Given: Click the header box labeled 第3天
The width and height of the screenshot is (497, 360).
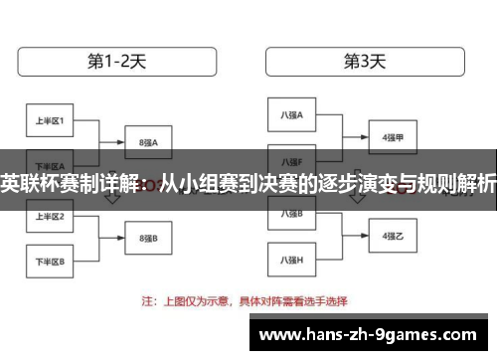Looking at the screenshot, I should pos(365,61).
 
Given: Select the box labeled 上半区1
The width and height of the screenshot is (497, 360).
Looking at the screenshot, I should pos(50,121).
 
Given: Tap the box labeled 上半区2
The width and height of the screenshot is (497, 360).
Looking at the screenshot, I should pos(50,216).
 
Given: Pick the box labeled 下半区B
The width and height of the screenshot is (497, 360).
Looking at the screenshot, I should pos(50,262).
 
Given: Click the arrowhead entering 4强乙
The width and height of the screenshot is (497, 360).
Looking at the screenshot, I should pos(365,236).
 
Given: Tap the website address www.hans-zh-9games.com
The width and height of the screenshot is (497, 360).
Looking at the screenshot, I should pos(378,335).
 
